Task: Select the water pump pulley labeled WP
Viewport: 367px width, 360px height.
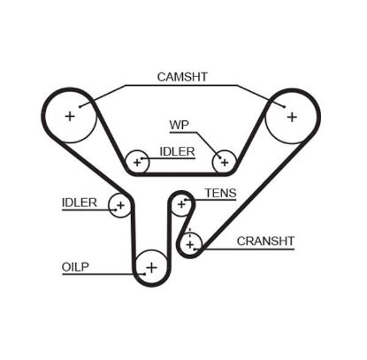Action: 224,162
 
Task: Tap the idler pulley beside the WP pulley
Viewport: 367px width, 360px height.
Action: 137,162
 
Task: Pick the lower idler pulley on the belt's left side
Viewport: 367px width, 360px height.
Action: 119,205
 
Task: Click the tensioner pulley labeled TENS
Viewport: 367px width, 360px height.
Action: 182,204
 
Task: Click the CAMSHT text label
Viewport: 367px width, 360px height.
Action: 181,77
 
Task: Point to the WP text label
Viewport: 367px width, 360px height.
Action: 180,123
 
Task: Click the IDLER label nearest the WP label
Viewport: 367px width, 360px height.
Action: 178,152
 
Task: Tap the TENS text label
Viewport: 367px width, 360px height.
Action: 219,192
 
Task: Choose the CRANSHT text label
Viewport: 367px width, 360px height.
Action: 265,240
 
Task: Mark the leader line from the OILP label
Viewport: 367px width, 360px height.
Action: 115,264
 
